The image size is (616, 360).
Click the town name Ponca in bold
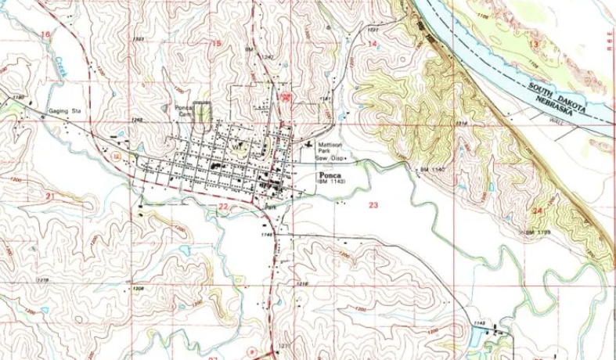pos(328,175)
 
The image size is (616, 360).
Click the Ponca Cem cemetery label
pos(184,111)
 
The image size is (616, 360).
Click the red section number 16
pos(45,35)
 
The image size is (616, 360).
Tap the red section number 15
pos(217,43)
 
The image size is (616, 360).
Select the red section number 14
pos(373,44)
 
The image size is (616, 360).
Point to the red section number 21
pos(50,195)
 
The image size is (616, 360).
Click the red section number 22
pos(223,206)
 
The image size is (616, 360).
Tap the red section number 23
pos(373,205)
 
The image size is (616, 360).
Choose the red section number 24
pos(537,211)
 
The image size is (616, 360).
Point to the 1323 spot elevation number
pos(139,38)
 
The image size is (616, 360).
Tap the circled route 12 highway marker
pos(116,157)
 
